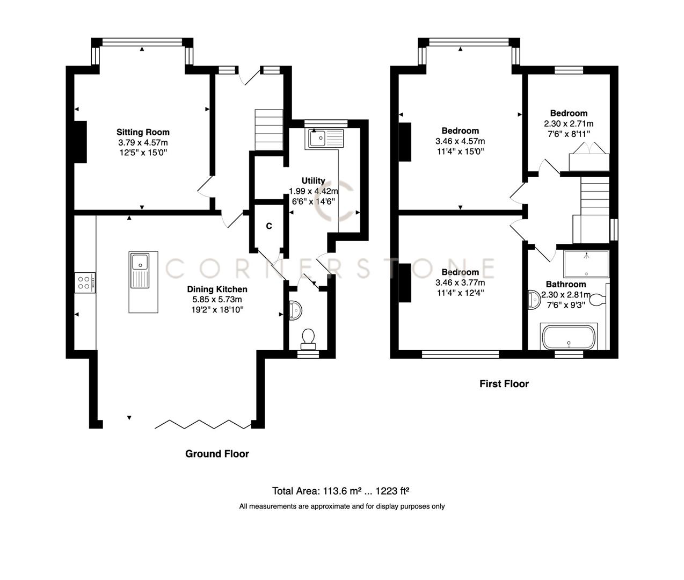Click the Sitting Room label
pyautogui.click(x=143, y=132)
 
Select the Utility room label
pyautogui.click(x=313, y=181)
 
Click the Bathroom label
pyautogui.click(x=565, y=284)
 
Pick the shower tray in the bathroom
pyautogui.click(x=586, y=263)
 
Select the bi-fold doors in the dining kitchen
pyautogui.click(x=203, y=424)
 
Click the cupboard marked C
pyautogui.click(x=268, y=226)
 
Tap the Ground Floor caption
pyautogui.click(x=217, y=454)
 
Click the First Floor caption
pyautogui.click(x=504, y=384)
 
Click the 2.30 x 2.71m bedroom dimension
pyautogui.click(x=569, y=124)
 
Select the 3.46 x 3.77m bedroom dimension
pyautogui.click(x=460, y=282)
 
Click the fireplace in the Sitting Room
pyautogui.click(x=80, y=142)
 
